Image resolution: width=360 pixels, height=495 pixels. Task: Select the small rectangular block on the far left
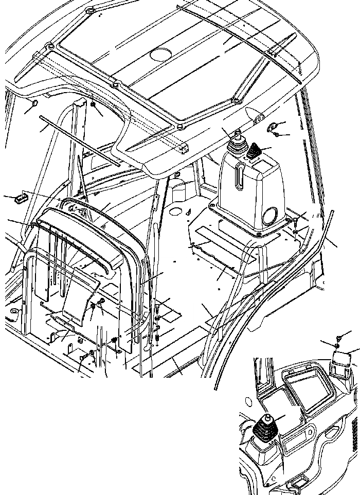[21, 197]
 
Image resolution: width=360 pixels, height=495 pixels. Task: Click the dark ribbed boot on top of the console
[255, 152]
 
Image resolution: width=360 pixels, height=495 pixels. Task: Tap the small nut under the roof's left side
[94, 105]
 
